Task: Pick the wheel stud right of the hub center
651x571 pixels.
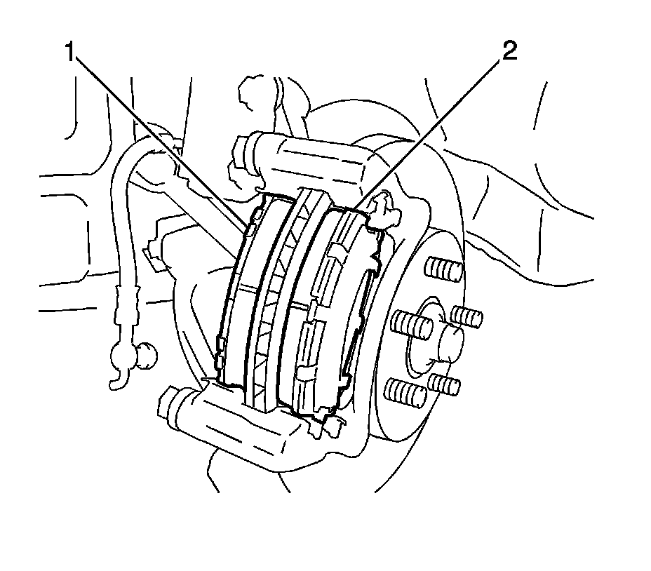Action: (466, 316)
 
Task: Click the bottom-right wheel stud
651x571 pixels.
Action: (445, 384)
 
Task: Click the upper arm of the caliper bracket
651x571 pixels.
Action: (309, 161)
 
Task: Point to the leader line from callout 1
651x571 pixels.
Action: (161, 140)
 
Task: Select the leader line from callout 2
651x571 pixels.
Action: (428, 133)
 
